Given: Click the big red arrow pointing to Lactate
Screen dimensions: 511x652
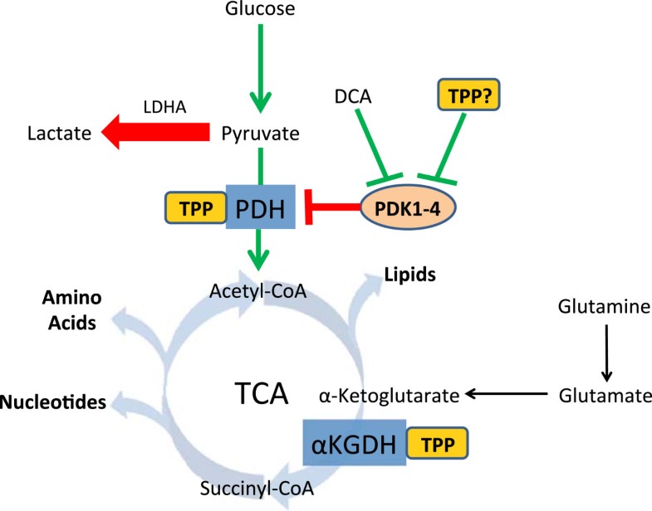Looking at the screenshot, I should coord(158,132).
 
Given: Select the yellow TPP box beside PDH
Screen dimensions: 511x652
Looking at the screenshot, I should coord(196,206).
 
